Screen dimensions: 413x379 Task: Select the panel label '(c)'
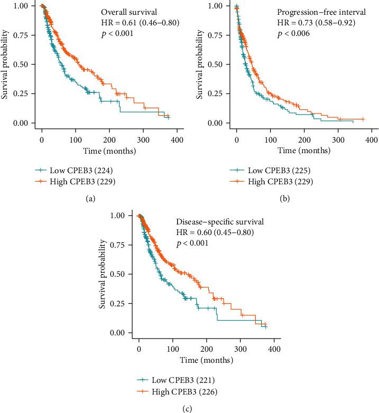tap(189, 407)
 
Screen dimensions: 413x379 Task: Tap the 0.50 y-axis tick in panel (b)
tap(219, 64)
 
